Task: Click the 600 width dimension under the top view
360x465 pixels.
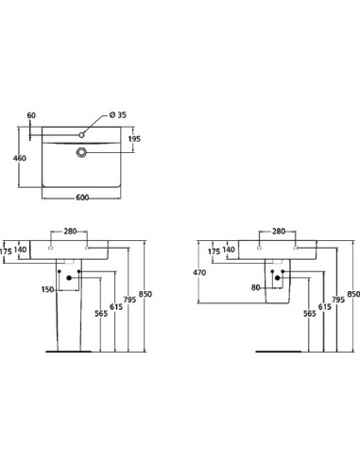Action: point(81,198)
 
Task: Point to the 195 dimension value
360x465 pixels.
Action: point(133,139)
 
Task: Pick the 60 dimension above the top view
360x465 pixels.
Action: point(31,116)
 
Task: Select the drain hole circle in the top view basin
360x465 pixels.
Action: point(82,150)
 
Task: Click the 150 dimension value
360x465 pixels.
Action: point(47,289)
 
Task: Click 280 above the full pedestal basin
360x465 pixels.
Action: point(70,231)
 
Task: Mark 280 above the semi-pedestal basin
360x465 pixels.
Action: point(278,231)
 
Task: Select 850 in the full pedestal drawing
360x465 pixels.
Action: point(145,295)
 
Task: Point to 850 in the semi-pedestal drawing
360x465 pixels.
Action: point(351,295)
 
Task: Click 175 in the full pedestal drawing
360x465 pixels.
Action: point(7,251)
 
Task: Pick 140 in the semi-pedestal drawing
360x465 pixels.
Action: point(229,251)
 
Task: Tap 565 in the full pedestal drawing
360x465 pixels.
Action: point(99,314)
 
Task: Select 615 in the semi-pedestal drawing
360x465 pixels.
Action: point(323,307)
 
